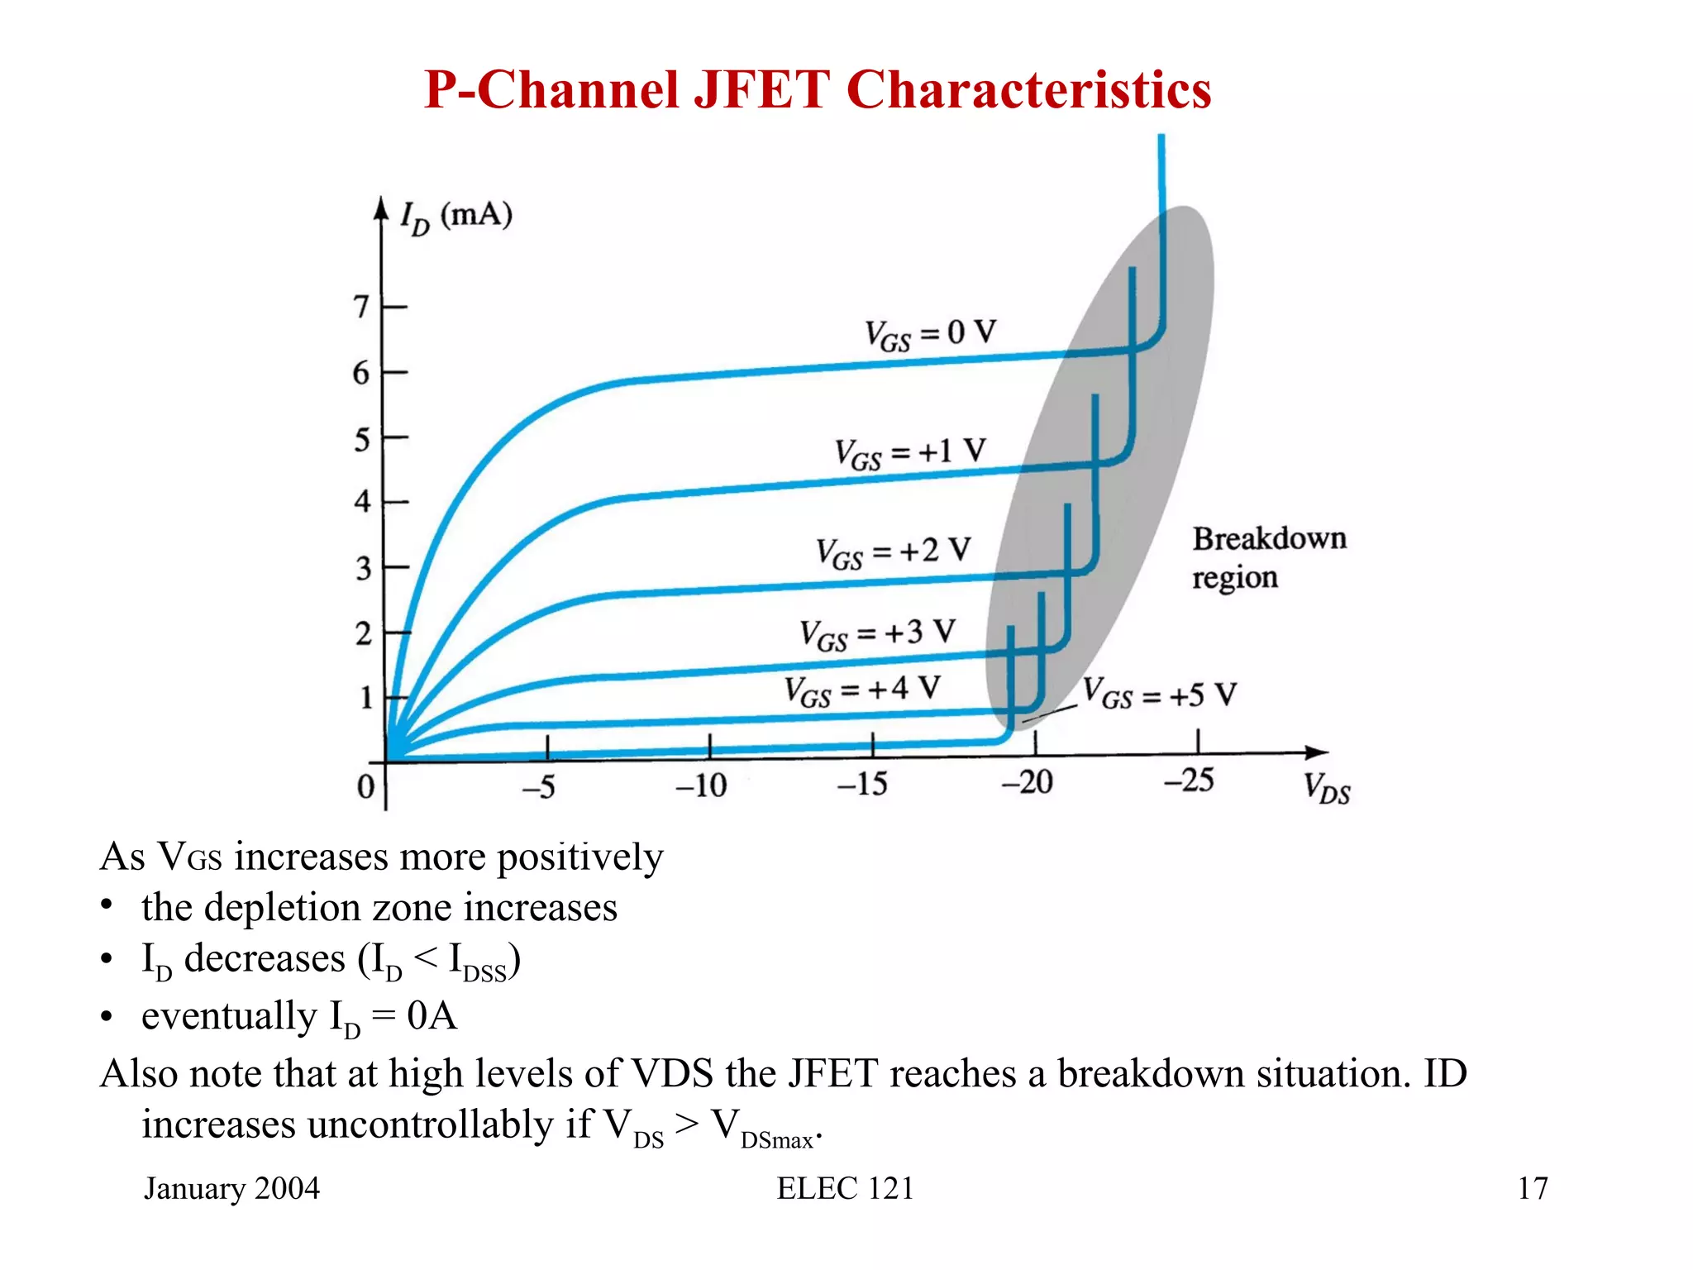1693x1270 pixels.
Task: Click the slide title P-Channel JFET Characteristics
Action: pyautogui.click(x=817, y=89)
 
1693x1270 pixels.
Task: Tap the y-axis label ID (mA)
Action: pyautogui.click(x=455, y=217)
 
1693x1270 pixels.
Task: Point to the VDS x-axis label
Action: pyautogui.click(x=1326, y=787)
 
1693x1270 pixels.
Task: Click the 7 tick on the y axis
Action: pyautogui.click(x=361, y=307)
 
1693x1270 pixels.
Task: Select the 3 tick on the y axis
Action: pyautogui.click(x=363, y=569)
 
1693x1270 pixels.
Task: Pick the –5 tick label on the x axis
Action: pyautogui.click(x=538, y=786)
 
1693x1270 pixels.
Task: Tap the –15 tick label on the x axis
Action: pyautogui.click(x=861, y=783)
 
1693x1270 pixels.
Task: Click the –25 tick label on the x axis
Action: pyautogui.click(x=1188, y=780)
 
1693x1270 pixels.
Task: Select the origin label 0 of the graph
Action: pyautogui.click(x=365, y=786)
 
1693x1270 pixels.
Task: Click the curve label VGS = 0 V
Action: pyautogui.click(x=930, y=334)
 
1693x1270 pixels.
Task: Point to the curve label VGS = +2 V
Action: pyautogui.click(x=892, y=551)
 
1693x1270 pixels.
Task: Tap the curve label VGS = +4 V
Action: pyautogui.click(x=861, y=690)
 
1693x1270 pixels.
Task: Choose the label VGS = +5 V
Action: pyautogui.click(x=1159, y=694)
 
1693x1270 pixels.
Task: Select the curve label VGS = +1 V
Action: pyautogui.click(x=909, y=453)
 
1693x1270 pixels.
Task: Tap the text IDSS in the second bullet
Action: pyautogui.click(x=477, y=962)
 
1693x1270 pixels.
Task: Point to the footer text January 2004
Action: pyautogui.click(x=231, y=1188)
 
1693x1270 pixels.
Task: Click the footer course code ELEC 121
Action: pyautogui.click(x=845, y=1188)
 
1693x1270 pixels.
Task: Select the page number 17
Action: pyautogui.click(x=1532, y=1188)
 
